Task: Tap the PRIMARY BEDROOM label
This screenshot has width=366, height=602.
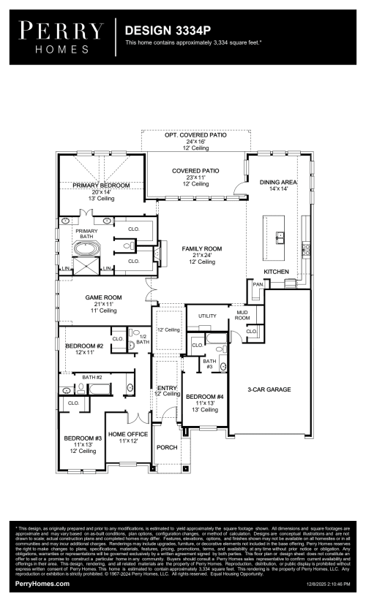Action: click(101, 186)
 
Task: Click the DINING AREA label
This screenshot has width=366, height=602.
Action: click(277, 181)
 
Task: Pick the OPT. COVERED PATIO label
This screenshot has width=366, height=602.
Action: click(195, 135)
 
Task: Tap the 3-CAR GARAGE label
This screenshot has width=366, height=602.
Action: click(269, 389)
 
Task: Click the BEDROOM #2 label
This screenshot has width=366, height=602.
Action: click(83, 346)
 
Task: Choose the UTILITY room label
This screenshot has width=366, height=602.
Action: click(207, 316)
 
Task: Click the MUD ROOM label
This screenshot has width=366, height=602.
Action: click(242, 315)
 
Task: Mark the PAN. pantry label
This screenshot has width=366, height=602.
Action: click(258, 284)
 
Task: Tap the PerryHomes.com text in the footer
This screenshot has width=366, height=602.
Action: click(42, 584)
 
